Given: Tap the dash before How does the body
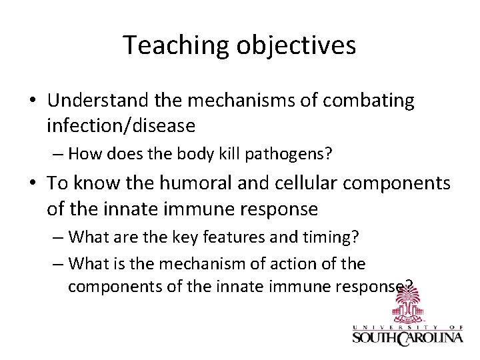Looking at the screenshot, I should (x=57, y=155).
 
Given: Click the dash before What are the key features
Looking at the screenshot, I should (x=57, y=237).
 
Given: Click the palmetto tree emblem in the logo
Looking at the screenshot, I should (x=407, y=308).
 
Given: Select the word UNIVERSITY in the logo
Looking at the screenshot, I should (x=397, y=325).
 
